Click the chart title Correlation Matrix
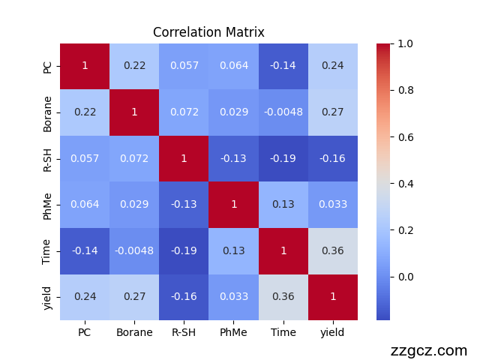tap(208, 32)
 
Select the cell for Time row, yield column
tap(332, 250)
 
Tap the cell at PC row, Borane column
tap(134, 66)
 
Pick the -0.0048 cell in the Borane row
tap(283, 112)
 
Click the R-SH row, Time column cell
tap(283, 158)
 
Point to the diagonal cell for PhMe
tap(233, 204)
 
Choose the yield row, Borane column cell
tap(134, 296)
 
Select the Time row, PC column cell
tap(85, 250)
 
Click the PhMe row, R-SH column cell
tap(184, 204)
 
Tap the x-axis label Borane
tap(134, 332)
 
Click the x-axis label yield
tap(332, 332)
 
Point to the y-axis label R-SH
tap(48, 158)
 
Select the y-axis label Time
tap(48, 250)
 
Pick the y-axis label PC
tap(48, 66)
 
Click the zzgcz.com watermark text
tap(428, 350)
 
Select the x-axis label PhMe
tap(233, 332)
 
